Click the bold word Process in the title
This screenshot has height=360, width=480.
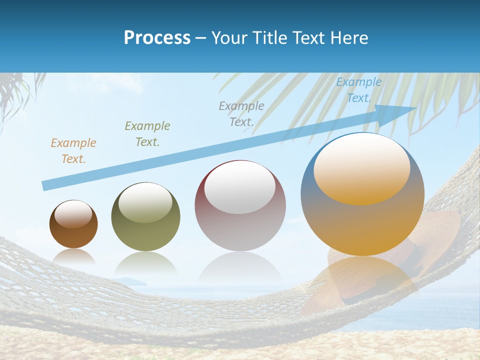pyautogui.click(x=157, y=38)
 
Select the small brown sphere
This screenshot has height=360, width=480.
pyautogui.click(x=73, y=224)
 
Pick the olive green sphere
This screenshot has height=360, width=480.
pyautogui.click(x=145, y=217)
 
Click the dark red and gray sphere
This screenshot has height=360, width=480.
pyautogui.click(x=240, y=206)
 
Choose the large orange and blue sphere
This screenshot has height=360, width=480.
pyautogui.click(x=362, y=194)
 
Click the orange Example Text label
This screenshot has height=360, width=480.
pyautogui.click(x=73, y=151)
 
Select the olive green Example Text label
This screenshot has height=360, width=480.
pyautogui.click(x=147, y=134)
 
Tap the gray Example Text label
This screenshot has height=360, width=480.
pyautogui.click(x=241, y=113)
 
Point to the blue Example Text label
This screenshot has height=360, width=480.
pyautogui.click(x=358, y=90)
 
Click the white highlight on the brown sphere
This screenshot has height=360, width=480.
pyautogui.click(x=73, y=214)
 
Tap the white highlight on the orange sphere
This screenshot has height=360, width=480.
pyautogui.click(x=361, y=170)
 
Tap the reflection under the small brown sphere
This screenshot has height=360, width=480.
pyautogui.click(x=73, y=256)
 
